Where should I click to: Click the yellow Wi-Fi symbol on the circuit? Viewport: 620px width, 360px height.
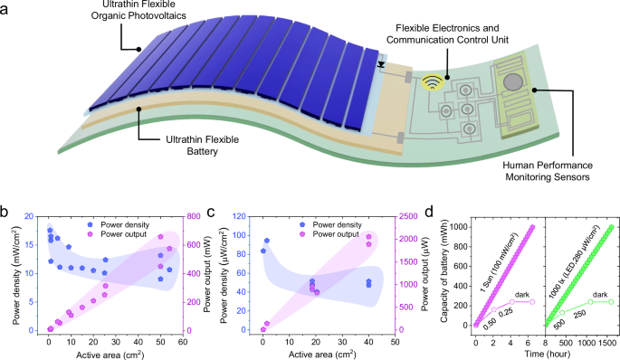(435, 81)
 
